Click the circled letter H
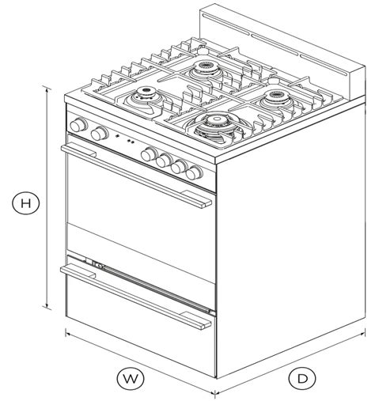(26, 203)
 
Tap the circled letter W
(131, 379)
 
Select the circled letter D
(302, 379)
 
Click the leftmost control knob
(78, 125)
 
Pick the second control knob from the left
(100, 134)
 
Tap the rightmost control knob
(194, 172)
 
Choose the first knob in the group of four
(149, 154)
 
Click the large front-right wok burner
(217, 126)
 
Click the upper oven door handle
(136, 176)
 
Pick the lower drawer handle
(135, 297)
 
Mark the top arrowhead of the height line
(47, 89)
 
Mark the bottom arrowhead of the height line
(47, 307)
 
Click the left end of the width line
(66, 333)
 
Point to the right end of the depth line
(365, 332)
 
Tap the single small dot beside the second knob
(117, 136)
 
